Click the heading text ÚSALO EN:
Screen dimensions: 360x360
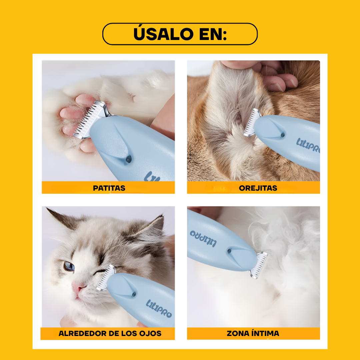(180, 34)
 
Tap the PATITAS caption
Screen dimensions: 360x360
(109, 188)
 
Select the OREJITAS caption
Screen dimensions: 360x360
(258, 188)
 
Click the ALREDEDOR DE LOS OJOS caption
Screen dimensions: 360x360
(110, 333)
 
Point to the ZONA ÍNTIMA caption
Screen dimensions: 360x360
(253, 333)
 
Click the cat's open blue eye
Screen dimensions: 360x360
(69, 266)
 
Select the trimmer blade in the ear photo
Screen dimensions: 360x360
(252, 123)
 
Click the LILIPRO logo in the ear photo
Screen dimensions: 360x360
(308, 146)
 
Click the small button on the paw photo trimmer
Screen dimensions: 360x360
(128, 160)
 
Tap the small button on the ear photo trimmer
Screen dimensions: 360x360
(283, 135)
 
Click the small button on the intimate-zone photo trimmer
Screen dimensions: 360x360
(229, 251)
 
